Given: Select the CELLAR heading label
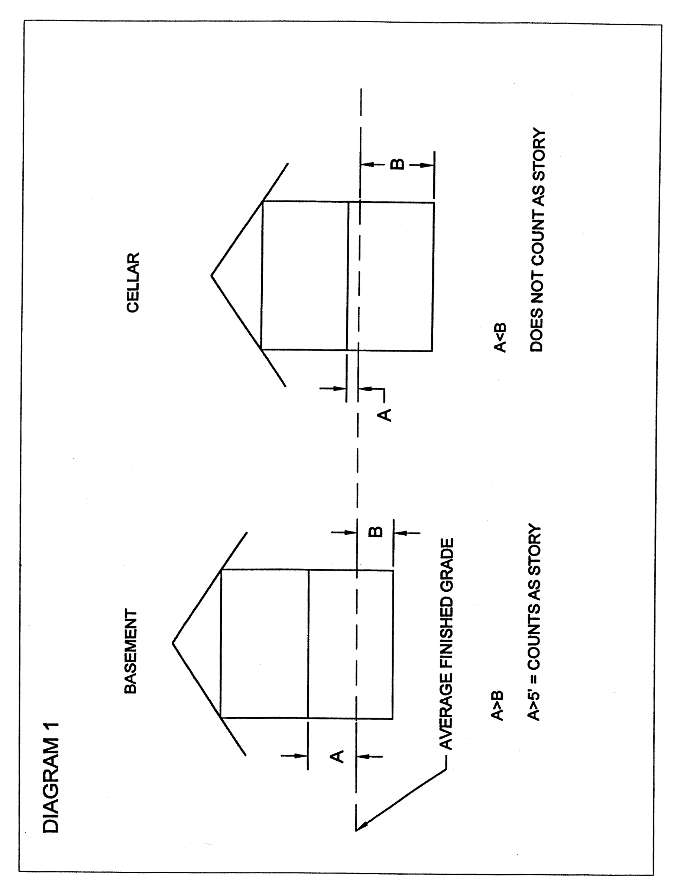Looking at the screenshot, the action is pyautogui.click(x=133, y=282).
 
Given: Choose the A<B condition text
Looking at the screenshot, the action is pyautogui.click(x=500, y=338).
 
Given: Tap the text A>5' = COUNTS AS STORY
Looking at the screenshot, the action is pyautogui.click(x=534, y=623).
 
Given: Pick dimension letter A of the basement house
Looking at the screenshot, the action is pyautogui.click(x=337, y=756).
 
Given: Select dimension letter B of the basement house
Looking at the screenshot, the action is pyautogui.click(x=376, y=532).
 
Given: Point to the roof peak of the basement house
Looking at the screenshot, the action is pyautogui.click(x=173, y=643).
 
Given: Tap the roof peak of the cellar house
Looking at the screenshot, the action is pyautogui.click(x=211, y=276).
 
